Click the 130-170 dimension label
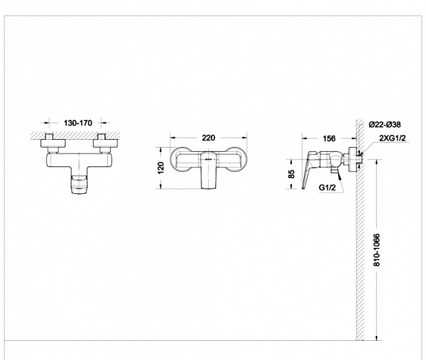(78, 123)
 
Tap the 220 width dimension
(208, 138)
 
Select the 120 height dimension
(161, 168)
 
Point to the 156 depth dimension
(329, 138)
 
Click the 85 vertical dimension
(291, 174)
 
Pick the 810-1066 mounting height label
(377, 250)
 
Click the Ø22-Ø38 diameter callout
(385, 125)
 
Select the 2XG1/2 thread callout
(393, 138)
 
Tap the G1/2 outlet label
(327, 187)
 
